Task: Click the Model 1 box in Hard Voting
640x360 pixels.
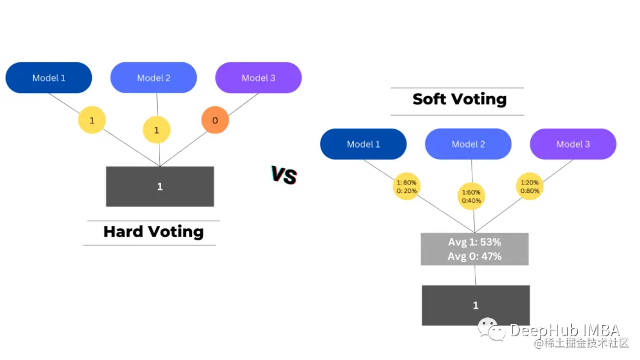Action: [49, 78]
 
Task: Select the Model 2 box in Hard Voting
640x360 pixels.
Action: [153, 78]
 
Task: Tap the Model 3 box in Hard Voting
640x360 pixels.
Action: [258, 78]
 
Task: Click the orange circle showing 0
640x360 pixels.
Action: [215, 120]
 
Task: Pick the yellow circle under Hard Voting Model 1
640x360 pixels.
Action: [92, 120]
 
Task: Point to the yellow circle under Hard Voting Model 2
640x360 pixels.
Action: [156, 130]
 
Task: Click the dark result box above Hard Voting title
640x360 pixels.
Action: [159, 186]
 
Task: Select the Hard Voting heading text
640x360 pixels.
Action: [153, 231]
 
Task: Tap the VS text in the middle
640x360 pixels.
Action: [284, 175]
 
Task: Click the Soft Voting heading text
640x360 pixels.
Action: [459, 98]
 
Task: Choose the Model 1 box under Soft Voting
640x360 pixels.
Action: [363, 144]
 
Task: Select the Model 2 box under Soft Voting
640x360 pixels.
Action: [468, 144]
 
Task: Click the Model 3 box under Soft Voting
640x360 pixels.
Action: [573, 144]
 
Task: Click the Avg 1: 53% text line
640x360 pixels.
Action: [475, 242]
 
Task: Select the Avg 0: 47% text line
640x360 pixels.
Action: [475, 256]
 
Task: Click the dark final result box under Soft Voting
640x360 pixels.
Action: [475, 305]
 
